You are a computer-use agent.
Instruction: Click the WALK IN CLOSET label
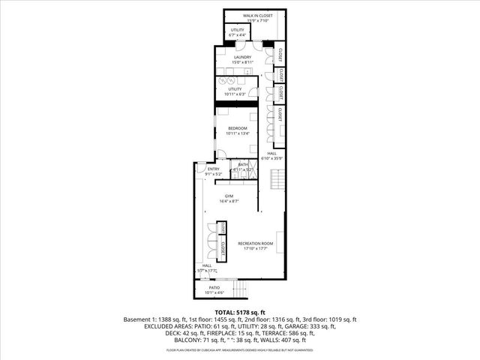257,15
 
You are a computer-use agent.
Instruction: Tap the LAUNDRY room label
241,57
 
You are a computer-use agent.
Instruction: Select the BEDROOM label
238,128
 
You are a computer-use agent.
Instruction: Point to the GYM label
229,196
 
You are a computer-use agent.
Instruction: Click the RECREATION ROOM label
256,244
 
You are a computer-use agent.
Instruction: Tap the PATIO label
214,287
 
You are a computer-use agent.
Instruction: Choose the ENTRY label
214,169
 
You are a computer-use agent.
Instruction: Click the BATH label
243,165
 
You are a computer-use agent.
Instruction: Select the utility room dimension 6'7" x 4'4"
238,35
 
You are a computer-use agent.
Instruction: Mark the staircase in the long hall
278,180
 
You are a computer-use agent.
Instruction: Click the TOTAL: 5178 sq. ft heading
240,311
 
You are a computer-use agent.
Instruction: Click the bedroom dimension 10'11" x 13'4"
238,133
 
